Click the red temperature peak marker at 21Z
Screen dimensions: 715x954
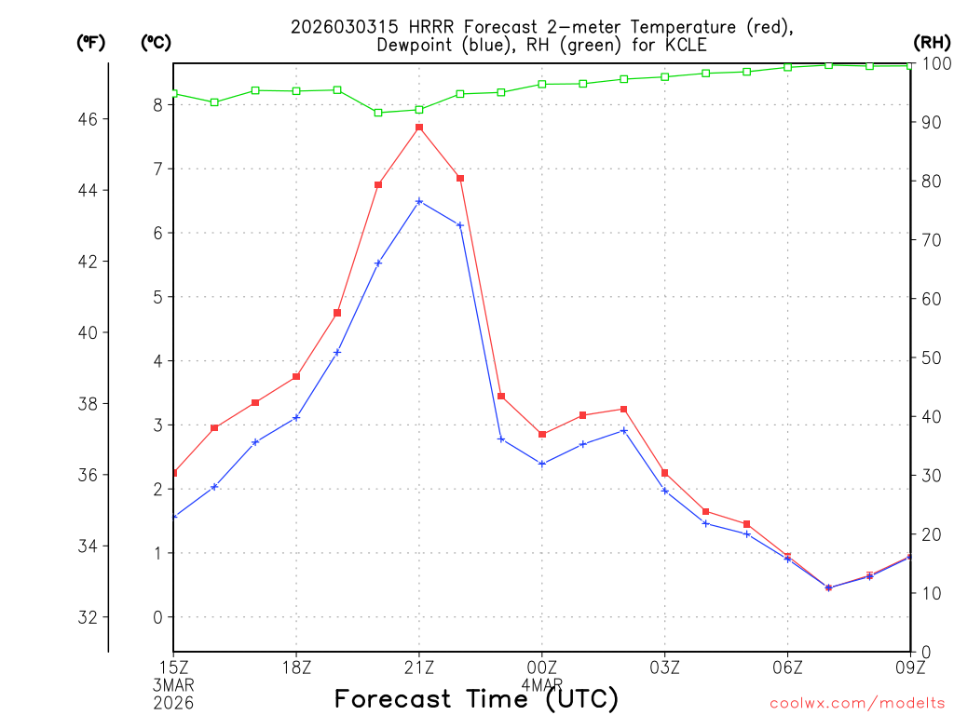419,128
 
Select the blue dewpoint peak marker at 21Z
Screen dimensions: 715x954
419,201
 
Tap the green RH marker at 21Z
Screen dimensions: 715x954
419,109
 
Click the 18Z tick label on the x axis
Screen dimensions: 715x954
296,667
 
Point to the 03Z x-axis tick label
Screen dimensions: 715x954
664,667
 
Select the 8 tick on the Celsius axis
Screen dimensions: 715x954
157,105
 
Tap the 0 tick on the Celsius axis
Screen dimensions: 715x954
157,617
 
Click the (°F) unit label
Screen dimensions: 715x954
90,42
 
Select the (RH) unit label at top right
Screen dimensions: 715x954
931,42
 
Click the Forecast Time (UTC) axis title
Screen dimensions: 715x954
476,698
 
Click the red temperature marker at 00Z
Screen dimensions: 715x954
542,434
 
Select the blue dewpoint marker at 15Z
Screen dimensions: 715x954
174,516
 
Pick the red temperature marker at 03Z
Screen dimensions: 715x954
664,473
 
